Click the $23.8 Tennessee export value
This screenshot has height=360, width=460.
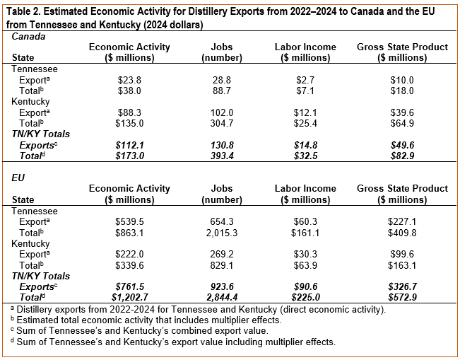129,80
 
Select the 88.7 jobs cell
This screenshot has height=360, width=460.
222,91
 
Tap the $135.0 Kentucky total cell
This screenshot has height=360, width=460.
129,123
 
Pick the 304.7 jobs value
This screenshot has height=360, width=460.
222,123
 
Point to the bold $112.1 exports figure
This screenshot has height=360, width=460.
129,146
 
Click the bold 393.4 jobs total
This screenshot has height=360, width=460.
222,156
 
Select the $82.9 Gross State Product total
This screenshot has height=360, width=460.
402,156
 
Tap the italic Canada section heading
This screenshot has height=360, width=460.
28,37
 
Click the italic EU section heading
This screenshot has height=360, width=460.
18,178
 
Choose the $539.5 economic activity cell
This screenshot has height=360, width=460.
129,221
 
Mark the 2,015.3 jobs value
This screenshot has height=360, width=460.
222,233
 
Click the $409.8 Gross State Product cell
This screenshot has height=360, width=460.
402,233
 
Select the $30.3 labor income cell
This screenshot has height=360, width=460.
305,255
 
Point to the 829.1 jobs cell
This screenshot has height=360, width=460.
222,265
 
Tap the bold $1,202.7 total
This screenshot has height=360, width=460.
130,298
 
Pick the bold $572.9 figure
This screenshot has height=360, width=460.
402,298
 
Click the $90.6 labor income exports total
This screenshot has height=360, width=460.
305,287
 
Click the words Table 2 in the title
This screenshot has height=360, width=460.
23,12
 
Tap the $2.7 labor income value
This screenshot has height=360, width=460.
305,80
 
